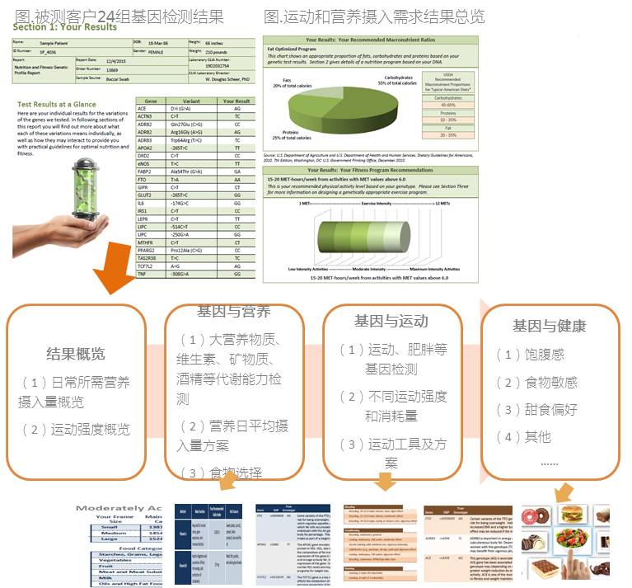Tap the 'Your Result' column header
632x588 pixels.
coord(236,101)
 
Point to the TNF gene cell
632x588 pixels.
coord(142,273)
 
